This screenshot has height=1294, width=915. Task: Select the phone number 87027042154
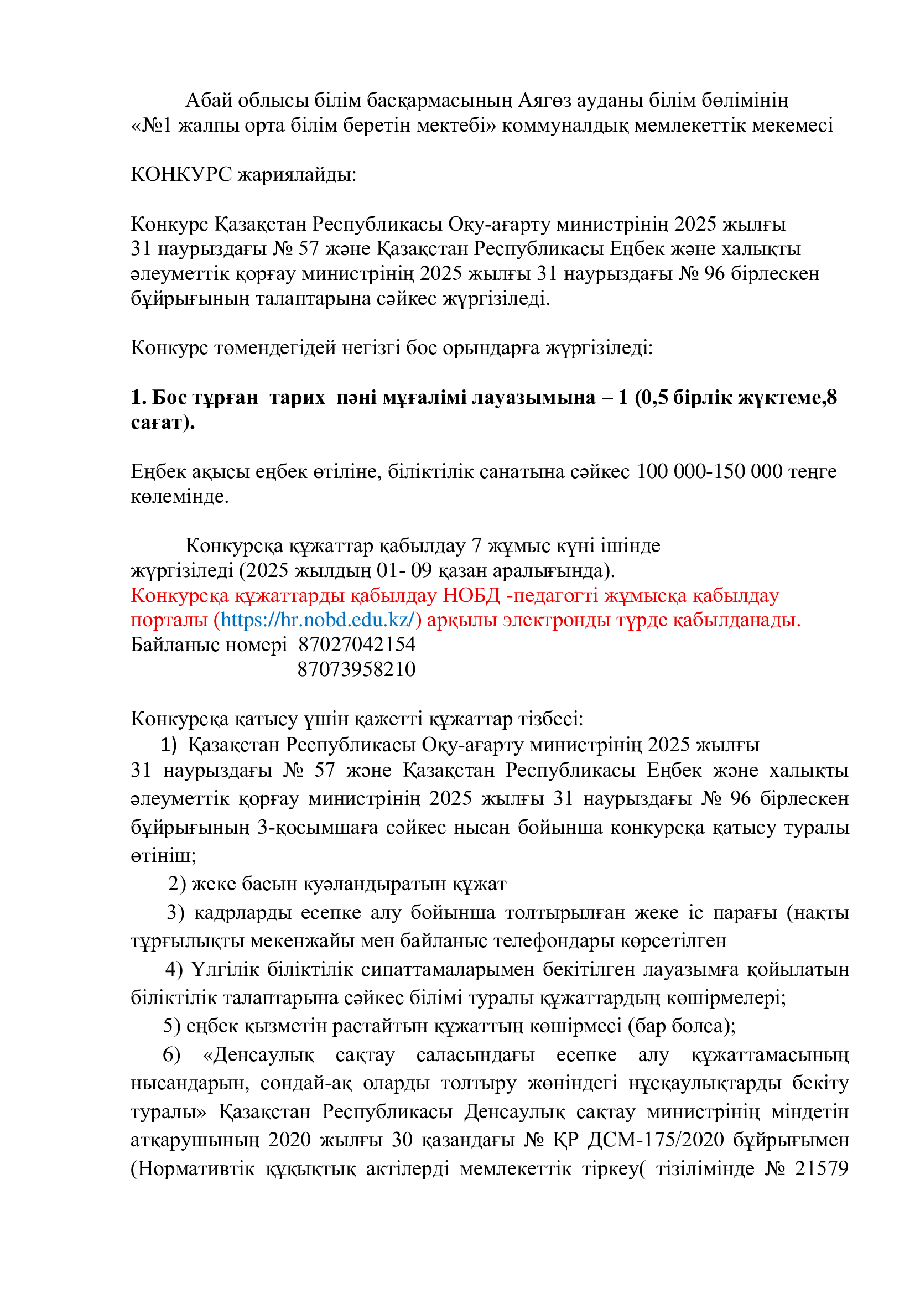357,645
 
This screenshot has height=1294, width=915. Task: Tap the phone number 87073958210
357,669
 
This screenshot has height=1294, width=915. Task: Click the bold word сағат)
163,423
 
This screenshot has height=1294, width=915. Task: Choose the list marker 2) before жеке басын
177,884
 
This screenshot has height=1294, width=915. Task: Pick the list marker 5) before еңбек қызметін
172,1026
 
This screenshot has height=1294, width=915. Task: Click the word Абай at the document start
209,100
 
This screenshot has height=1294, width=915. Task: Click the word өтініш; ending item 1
163,855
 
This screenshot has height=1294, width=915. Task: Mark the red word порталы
170,620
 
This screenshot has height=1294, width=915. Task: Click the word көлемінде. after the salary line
180,496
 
